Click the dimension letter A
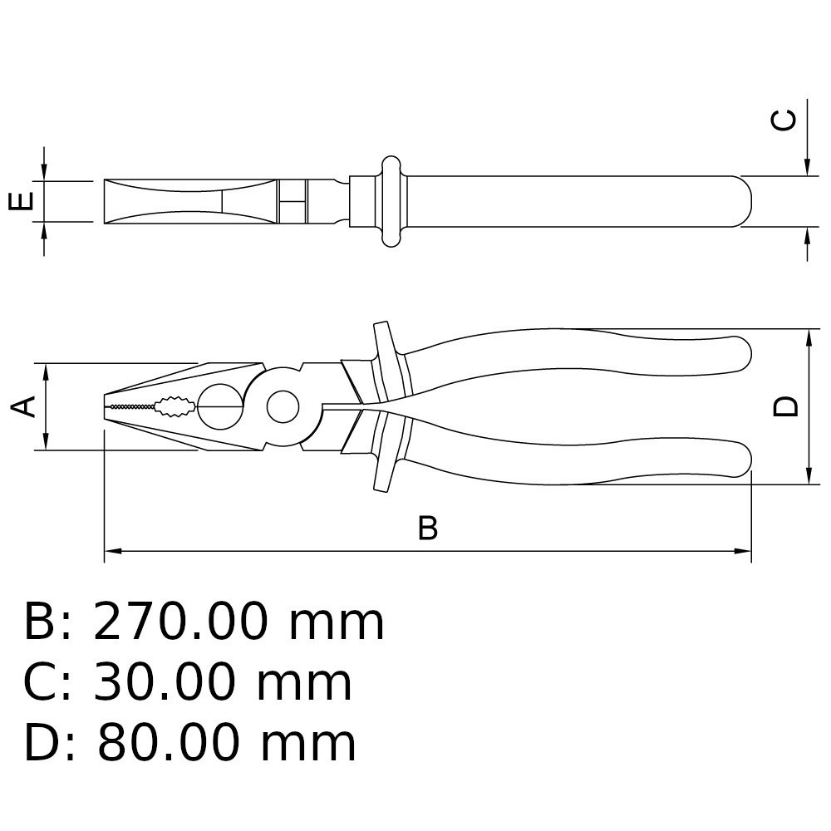click(x=23, y=406)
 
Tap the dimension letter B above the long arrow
click(x=428, y=528)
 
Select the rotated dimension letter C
click(x=784, y=120)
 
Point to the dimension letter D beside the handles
click(x=785, y=406)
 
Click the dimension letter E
click(x=22, y=201)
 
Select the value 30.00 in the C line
click(x=165, y=682)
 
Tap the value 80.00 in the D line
click(x=168, y=743)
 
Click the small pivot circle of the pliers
click(x=283, y=407)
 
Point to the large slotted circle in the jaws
click(x=221, y=406)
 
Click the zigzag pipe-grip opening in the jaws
click(x=175, y=406)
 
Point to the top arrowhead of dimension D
click(x=809, y=337)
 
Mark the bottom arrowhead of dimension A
click(x=46, y=441)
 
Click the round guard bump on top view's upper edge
click(x=391, y=165)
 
